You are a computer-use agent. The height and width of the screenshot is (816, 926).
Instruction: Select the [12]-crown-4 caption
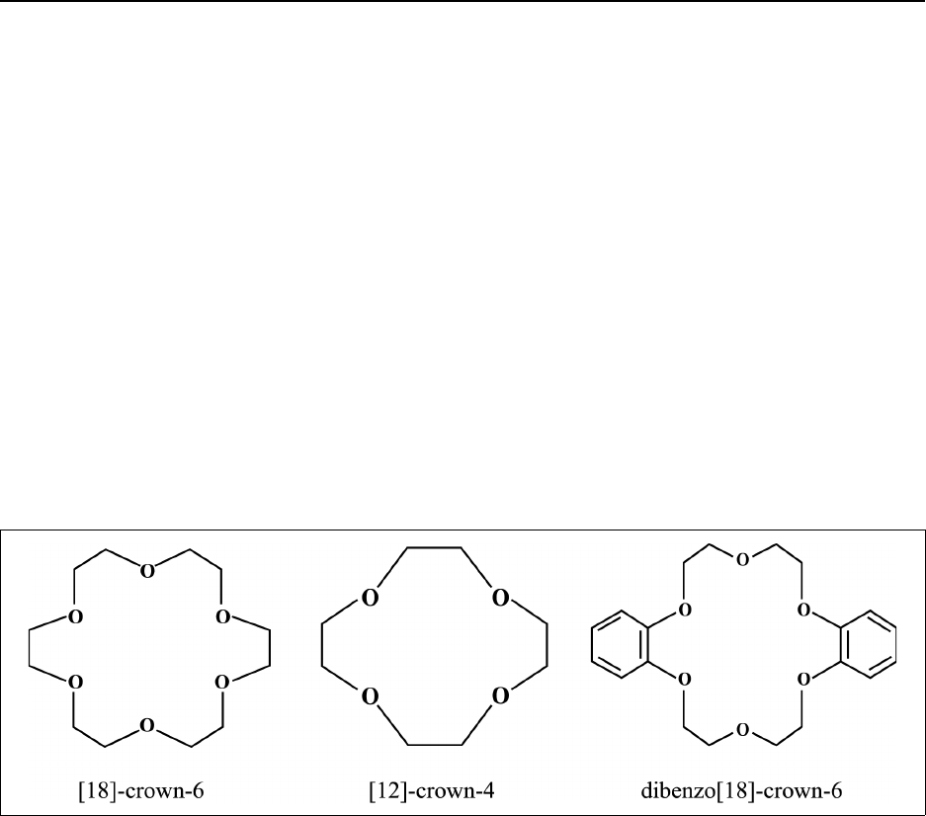tap(435, 790)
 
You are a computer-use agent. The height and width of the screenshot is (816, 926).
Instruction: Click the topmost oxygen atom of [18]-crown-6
tap(147, 572)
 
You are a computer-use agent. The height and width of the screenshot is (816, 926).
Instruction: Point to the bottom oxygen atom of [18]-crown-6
tap(147, 727)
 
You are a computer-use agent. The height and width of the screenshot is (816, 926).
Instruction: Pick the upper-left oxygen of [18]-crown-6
tap(73, 618)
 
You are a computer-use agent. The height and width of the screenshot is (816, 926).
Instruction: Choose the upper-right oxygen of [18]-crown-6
tap(222, 618)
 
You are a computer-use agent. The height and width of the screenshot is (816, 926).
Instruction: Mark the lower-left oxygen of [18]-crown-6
tap(73, 682)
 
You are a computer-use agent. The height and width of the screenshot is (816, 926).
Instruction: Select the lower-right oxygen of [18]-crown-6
tap(222, 682)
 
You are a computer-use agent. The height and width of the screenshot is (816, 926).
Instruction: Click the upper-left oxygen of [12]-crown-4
tap(370, 598)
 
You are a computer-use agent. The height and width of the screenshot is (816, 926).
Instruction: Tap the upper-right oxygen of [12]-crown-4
tap(500, 598)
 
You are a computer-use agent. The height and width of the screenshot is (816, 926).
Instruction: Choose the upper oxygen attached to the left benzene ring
tap(684, 611)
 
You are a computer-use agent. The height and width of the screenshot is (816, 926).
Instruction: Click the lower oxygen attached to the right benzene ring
tap(803, 680)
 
